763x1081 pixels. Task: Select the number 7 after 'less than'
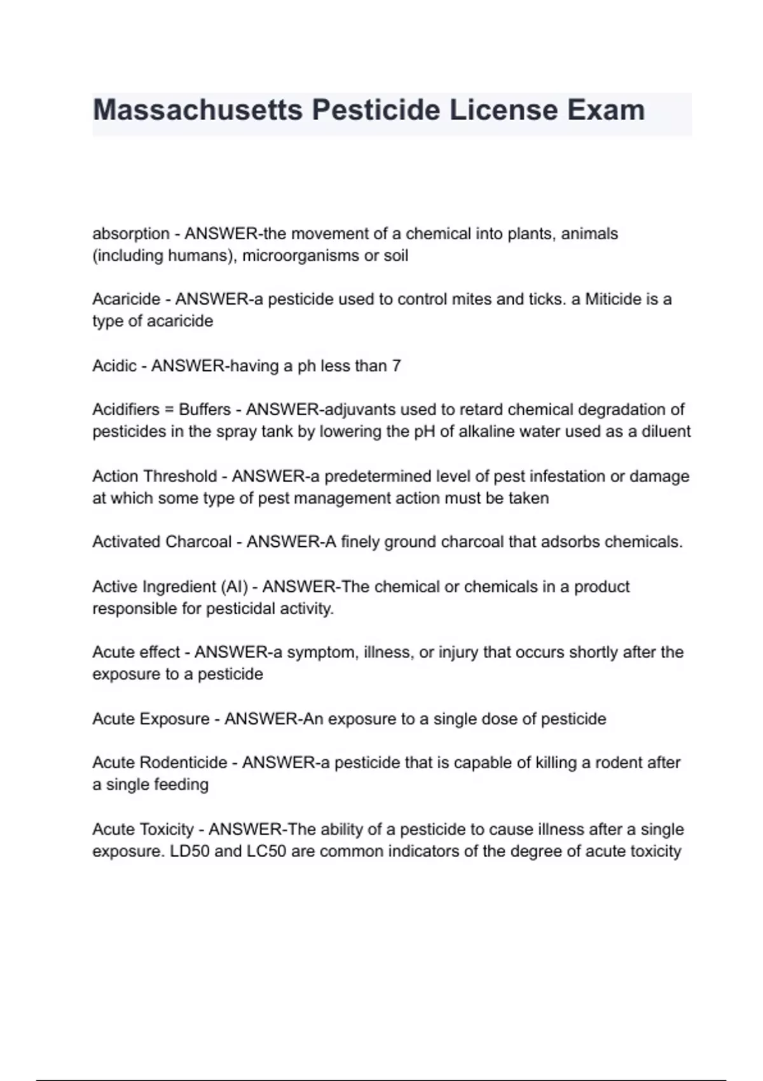pos(397,366)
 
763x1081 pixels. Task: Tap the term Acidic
pos(114,366)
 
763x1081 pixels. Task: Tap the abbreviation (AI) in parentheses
pos(235,586)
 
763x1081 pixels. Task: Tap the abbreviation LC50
pos(266,851)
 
